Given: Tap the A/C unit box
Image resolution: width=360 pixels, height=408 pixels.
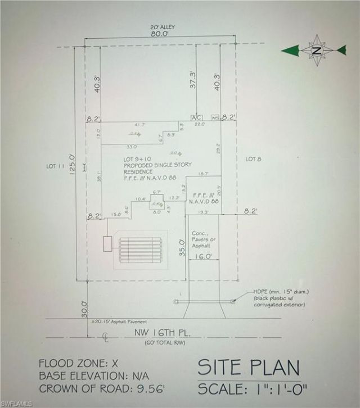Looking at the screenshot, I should (x=196, y=117).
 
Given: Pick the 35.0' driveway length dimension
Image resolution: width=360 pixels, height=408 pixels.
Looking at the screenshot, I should (x=182, y=248).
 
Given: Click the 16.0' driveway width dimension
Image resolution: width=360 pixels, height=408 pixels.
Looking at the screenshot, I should (x=203, y=256).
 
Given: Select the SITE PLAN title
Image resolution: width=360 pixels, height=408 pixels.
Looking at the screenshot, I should (x=249, y=368).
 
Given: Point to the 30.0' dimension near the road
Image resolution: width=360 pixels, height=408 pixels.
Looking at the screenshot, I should (x=84, y=309).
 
